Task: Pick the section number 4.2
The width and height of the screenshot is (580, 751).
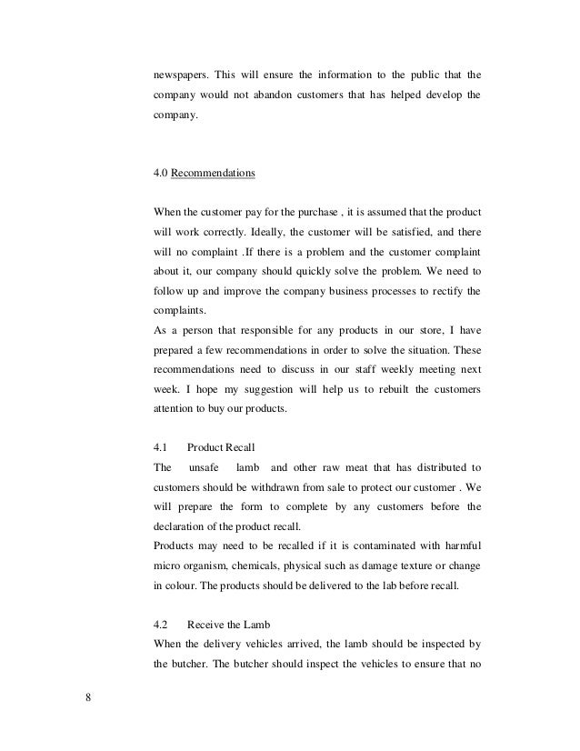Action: pyautogui.click(x=159, y=625)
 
